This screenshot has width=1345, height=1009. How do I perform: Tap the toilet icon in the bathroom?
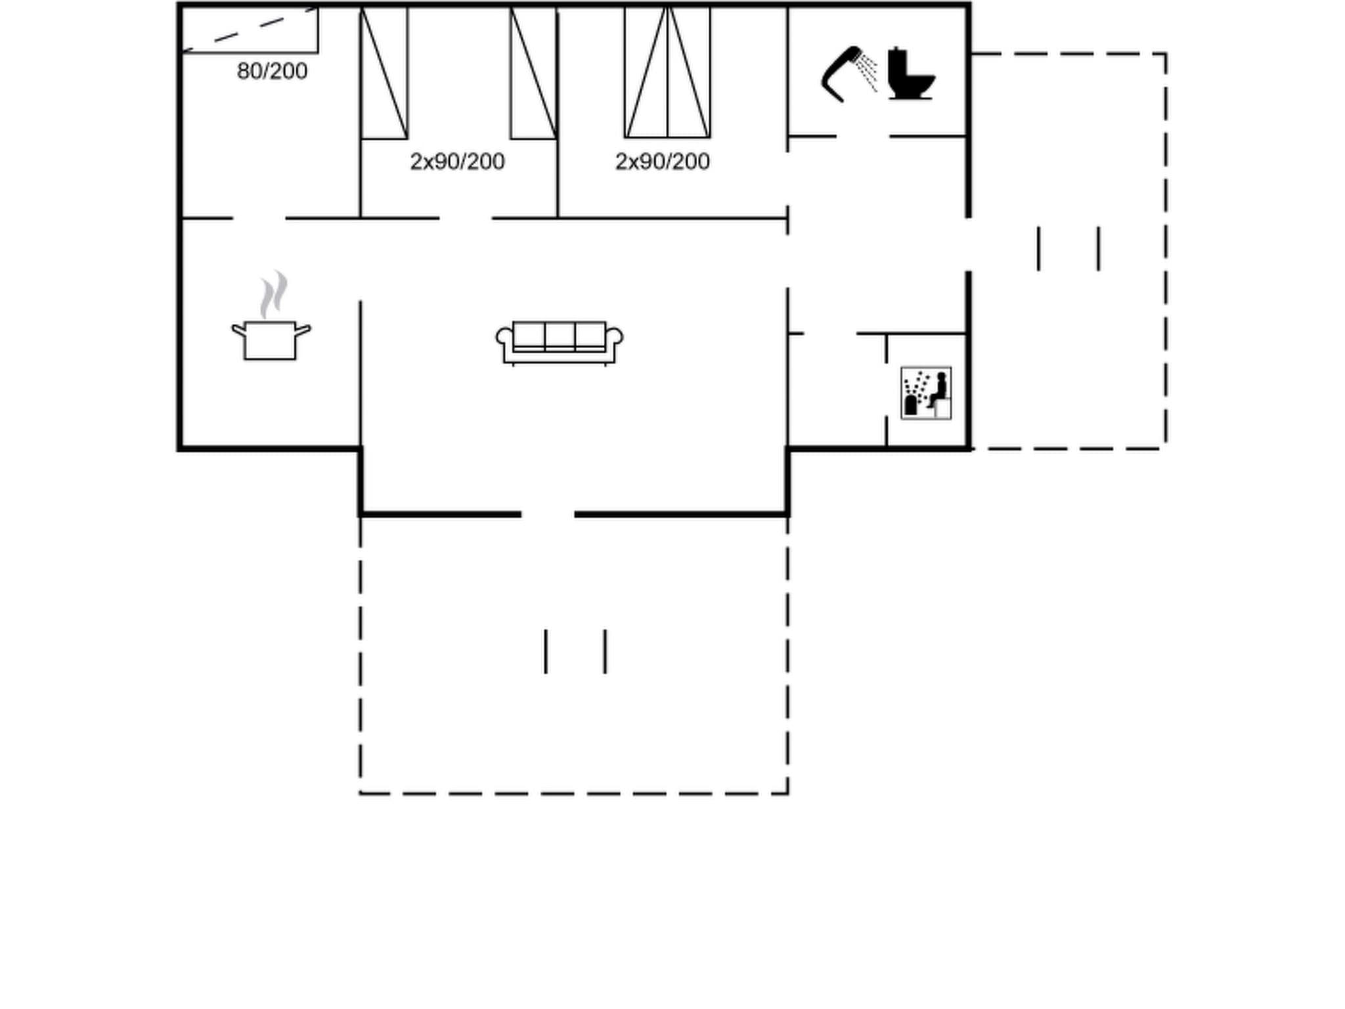(910, 74)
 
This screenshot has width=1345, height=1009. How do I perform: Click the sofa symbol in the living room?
(559, 342)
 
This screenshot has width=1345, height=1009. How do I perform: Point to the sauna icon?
(926, 393)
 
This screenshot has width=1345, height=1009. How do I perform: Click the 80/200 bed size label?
(272, 71)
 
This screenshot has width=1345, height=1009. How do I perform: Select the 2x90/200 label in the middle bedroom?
(457, 162)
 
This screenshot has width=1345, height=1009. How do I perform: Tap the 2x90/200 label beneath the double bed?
(662, 162)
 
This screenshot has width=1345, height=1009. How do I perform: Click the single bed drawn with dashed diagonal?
(250, 30)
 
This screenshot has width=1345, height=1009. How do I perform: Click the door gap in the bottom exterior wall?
(548, 514)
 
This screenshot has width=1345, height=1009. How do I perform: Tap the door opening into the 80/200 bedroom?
(259, 218)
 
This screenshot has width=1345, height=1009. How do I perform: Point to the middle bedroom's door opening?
(466, 218)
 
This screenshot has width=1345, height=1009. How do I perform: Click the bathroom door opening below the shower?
(862, 137)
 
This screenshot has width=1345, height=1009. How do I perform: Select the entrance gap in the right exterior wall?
(968, 244)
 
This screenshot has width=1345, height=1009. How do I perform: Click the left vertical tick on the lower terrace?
(545, 651)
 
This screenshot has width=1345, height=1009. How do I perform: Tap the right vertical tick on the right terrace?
(1098, 248)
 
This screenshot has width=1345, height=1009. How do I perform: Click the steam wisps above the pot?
(273, 294)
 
